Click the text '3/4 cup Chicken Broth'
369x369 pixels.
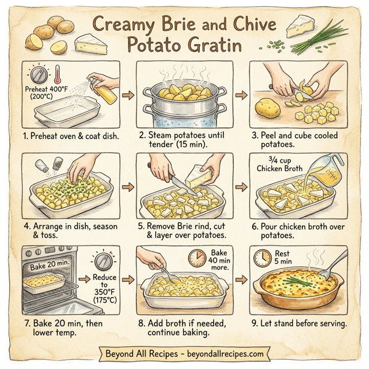(x=277, y=165)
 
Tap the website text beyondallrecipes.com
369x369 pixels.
(x=225, y=354)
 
